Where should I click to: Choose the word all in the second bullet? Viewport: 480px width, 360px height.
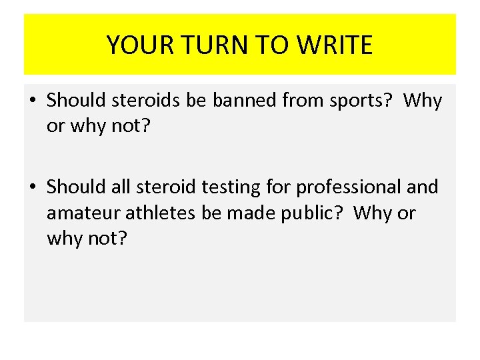point(121,187)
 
